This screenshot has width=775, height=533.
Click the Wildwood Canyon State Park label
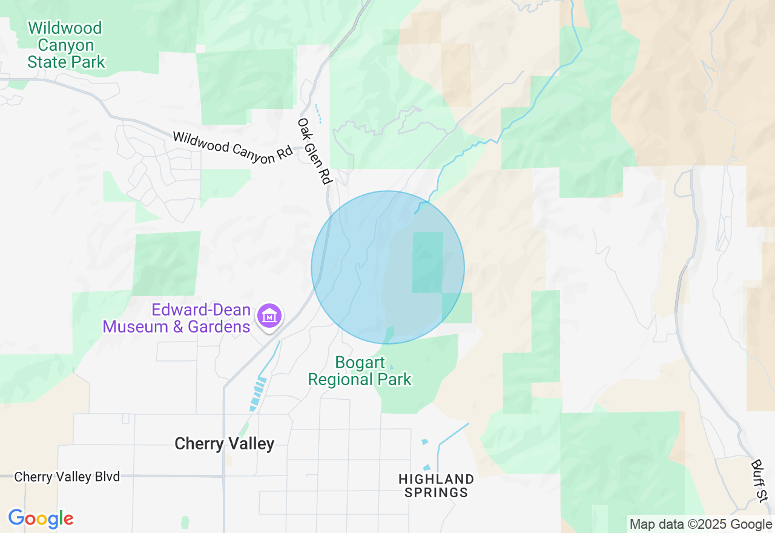click(65, 45)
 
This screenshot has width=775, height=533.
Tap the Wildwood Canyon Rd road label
click(232, 146)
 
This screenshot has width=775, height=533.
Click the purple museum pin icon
click(269, 315)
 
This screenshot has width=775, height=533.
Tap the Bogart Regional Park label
click(360, 371)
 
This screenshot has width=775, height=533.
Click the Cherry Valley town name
click(224, 444)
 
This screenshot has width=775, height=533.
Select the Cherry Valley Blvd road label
click(67, 477)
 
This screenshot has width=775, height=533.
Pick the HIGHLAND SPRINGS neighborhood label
click(436, 486)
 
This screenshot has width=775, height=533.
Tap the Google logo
click(41, 518)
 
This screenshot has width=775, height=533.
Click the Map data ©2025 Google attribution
click(701, 525)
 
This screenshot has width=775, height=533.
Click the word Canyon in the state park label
click(65, 45)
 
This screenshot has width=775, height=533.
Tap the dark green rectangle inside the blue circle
click(427, 262)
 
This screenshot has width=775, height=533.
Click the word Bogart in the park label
click(360, 363)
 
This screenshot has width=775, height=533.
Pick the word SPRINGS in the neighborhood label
click(436, 492)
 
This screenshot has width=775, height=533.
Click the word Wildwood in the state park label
click(65, 28)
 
